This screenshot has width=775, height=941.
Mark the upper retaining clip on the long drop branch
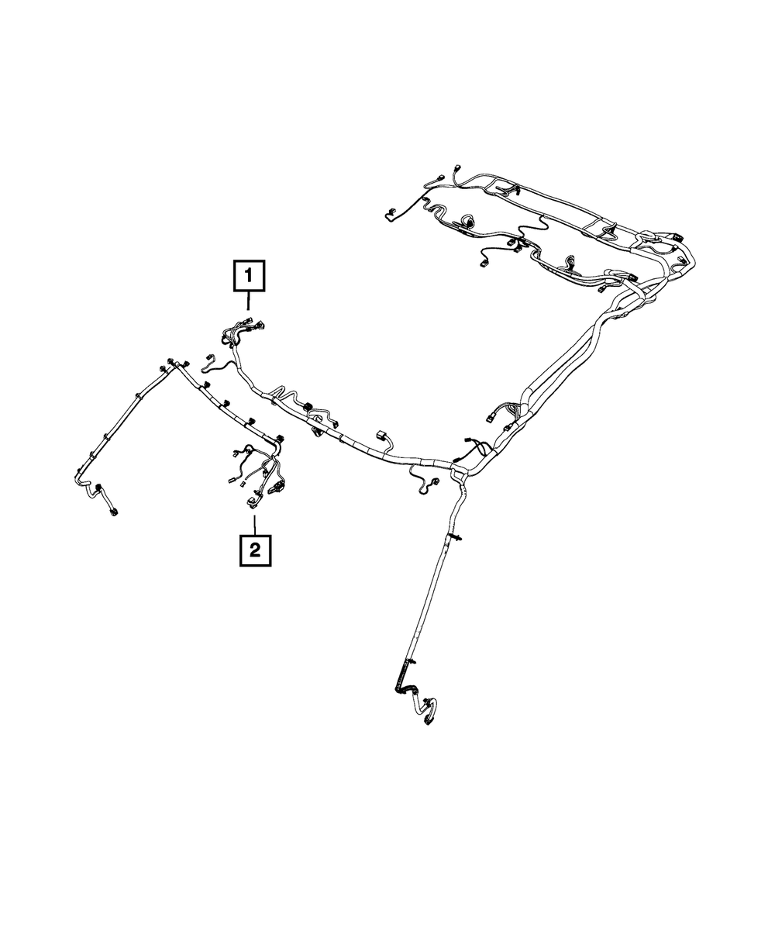tap(449, 536)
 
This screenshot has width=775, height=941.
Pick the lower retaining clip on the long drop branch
tap(408, 663)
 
